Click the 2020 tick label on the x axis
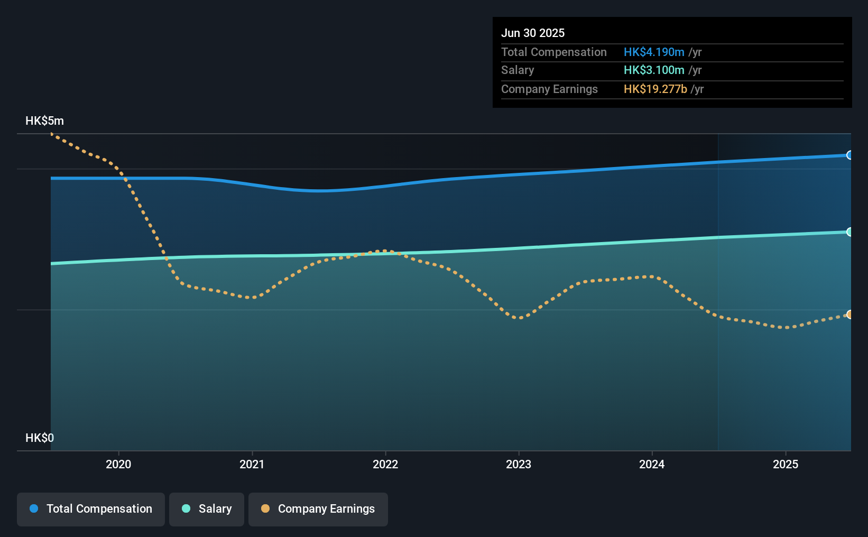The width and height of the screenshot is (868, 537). pyautogui.click(x=118, y=464)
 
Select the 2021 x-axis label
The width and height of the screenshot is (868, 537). pyautogui.click(x=252, y=464)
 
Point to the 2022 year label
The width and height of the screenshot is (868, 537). pyautogui.click(x=385, y=464)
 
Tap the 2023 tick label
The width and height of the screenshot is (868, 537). pyautogui.click(x=519, y=464)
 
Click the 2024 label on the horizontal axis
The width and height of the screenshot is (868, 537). pyautogui.click(x=652, y=464)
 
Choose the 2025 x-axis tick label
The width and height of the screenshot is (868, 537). pyautogui.click(x=786, y=464)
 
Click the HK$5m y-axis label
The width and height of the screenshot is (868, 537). pyautogui.click(x=44, y=121)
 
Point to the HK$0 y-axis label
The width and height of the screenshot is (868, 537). pyautogui.click(x=40, y=438)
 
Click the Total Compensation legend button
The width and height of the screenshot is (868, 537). pyautogui.click(x=91, y=509)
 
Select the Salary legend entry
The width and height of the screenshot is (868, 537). pyautogui.click(x=207, y=509)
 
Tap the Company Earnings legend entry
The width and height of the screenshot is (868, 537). pyautogui.click(x=318, y=509)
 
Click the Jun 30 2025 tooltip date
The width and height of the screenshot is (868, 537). pyautogui.click(x=533, y=33)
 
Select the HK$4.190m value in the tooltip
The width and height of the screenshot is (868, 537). pyautogui.click(x=654, y=52)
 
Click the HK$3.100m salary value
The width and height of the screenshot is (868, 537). pyautogui.click(x=654, y=70)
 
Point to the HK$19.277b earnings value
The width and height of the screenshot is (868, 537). pyautogui.click(x=655, y=89)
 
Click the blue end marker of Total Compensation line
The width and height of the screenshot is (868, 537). pyautogui.click(x=849, y=155)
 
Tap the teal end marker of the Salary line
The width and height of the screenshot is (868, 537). pyautogui.click(x=849, y=232)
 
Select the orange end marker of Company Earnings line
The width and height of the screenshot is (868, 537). pyautogui.click(x=849, y=314)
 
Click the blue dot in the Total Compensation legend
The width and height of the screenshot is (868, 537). pyautogui.click(x=34, y=508)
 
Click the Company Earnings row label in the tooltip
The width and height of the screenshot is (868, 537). pyautogui.click(x=549, y=89)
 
